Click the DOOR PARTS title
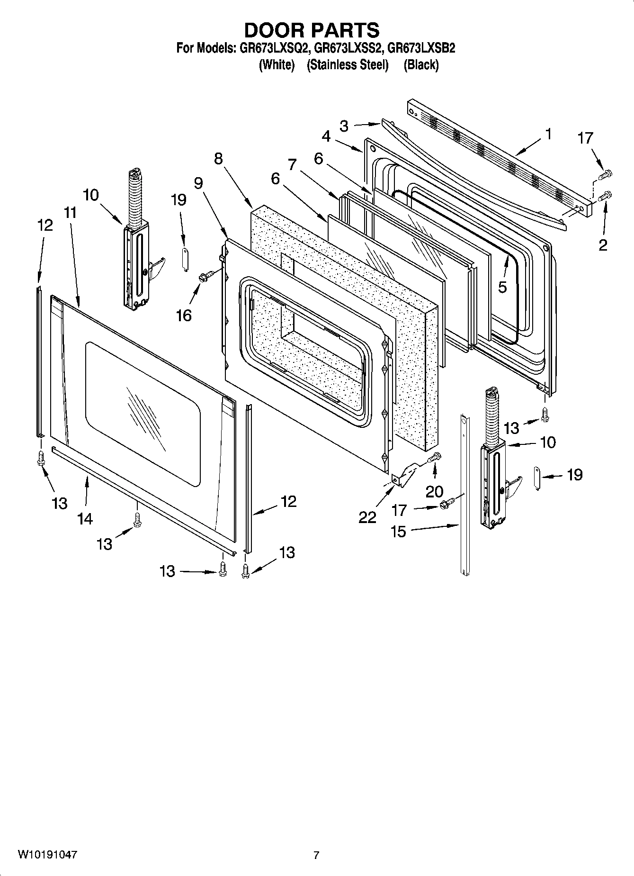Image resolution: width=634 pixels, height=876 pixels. (312, 30)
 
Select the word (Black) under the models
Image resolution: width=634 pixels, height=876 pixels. (421, 65)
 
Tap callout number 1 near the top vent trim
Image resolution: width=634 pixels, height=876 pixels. (548, 135)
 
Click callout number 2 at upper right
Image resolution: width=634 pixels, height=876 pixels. (603, 245)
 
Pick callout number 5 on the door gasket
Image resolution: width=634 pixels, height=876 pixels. (502, 287)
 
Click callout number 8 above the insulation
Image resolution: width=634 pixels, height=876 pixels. (218, 159)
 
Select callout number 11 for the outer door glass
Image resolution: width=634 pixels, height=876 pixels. (70, 213)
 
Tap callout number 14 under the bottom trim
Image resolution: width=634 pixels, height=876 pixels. (85, 519)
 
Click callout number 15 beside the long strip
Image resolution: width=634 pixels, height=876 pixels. (398, 531)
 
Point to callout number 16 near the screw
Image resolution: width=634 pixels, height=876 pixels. (184, 315)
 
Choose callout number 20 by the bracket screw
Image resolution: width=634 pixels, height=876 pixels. (434, 491)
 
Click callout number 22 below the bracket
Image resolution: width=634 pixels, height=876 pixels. (367, 517)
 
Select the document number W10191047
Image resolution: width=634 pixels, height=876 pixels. (48, 855)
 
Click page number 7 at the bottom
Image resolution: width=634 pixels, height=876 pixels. (316, 856)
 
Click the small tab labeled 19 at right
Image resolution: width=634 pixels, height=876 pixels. (538, 478)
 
